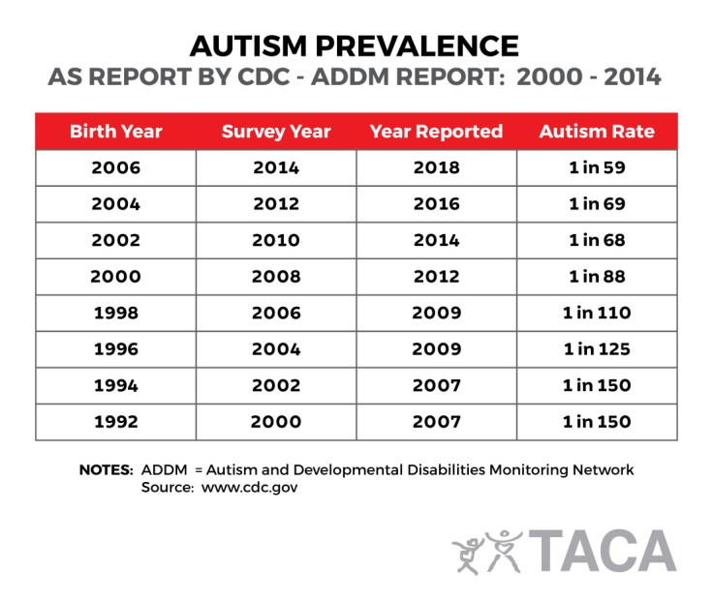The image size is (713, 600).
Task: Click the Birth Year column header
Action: tap(115, 132)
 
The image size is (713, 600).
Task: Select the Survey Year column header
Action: tap(276, 132)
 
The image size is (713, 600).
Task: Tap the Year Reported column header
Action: tap(436, 132)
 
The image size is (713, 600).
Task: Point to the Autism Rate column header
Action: tap(597, 132)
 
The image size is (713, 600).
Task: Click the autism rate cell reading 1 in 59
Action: tap(597, 167)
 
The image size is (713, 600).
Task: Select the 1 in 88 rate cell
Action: tap(597, 276)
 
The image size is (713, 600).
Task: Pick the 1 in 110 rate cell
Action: tap(597, 313)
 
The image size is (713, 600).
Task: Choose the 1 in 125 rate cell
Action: tap(597, 348)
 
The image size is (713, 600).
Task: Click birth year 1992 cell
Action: tap(115, 422)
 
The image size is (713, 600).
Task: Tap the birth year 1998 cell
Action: tap(115, 313)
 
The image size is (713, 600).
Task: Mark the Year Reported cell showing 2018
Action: tap(436, 167)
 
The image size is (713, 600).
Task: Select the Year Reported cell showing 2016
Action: tap(436, 203)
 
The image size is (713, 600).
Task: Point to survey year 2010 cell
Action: tap(276, 240)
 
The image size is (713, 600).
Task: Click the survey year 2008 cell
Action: tap(276, 276)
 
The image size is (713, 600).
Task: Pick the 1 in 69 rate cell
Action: tap(597, 203)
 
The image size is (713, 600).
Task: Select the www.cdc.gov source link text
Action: tap(249, 488)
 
